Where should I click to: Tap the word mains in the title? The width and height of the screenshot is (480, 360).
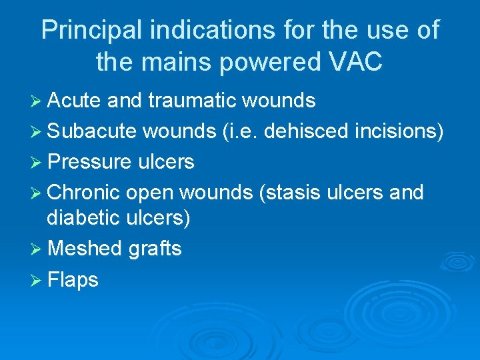click(x=170, y=62)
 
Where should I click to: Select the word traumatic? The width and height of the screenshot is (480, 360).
click(x=193, y=101)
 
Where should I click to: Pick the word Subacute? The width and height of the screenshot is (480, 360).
click(x=91, y=131)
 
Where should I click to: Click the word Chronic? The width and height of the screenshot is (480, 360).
click(x=84, y=193)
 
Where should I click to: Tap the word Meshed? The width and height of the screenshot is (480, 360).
click(x=85, y=249)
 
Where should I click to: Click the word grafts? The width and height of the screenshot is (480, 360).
click(x=155, y=249)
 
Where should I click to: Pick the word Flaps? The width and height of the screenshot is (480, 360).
click(x=73, y=279)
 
